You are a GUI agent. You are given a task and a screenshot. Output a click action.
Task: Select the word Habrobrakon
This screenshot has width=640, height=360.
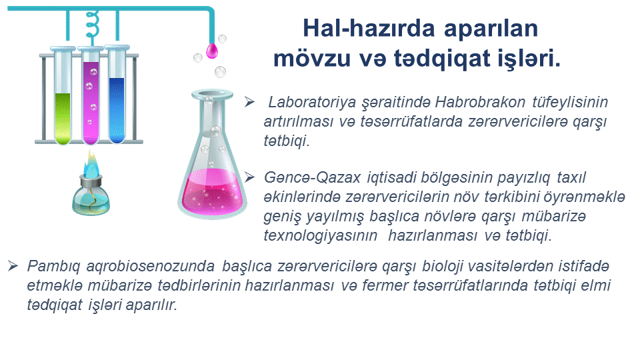[480, 101]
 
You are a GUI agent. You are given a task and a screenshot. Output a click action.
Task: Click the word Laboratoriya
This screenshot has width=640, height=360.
[312, 103]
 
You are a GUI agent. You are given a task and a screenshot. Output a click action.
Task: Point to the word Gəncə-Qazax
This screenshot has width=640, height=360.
[312, 177]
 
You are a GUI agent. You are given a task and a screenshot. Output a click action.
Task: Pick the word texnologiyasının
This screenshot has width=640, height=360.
[321, 236]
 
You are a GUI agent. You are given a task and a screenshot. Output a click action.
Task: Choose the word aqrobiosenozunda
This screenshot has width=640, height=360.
[150, 267]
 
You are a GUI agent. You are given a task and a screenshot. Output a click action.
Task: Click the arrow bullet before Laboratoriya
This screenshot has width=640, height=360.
[250, 101]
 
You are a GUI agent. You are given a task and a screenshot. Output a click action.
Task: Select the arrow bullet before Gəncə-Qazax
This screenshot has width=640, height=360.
[250, 177]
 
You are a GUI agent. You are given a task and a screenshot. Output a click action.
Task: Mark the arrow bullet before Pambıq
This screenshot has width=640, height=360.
[13, 266]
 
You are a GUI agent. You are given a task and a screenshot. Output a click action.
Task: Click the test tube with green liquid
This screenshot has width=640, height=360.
[63, 95]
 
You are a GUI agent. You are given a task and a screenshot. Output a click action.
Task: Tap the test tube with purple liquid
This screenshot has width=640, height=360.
[91, 95]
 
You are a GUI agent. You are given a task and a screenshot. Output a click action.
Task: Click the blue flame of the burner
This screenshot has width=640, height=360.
[91, 164]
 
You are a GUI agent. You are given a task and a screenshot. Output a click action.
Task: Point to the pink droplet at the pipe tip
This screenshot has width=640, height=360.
[212, 50]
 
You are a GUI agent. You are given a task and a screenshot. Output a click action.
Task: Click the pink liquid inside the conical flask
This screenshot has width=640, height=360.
[213, 192]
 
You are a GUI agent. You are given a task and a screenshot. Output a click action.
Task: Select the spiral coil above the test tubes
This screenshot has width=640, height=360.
[93, 25]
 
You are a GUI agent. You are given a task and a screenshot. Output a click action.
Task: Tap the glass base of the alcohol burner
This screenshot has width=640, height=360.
[91, 200]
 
